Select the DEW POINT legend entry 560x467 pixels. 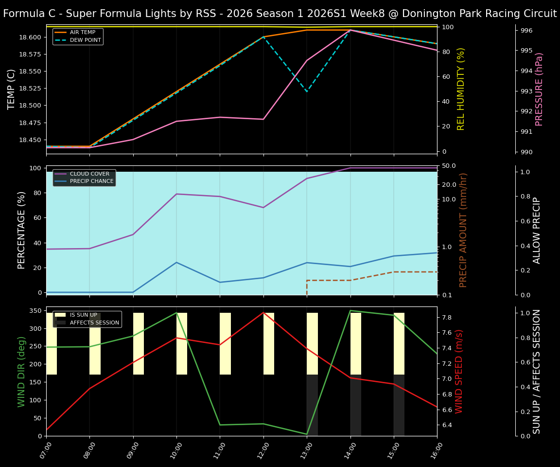coord(85,40)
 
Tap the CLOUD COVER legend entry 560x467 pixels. coord(89,174)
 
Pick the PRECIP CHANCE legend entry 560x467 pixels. coord(91,181)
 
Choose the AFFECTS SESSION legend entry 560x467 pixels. coord(94,323)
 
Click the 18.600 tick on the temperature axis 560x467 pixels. coord(28,37)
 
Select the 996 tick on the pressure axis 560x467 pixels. coord(526,31)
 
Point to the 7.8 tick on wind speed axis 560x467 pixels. coord(446,318)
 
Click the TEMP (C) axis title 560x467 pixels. coord(11,89)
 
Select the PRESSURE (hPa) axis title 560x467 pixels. coord(539,89)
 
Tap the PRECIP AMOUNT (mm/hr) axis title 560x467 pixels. coord(463,230)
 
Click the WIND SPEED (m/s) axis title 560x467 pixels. coord(459,371)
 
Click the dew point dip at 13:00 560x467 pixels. coord(307,91)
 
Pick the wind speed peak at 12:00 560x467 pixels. coord(263,312)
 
